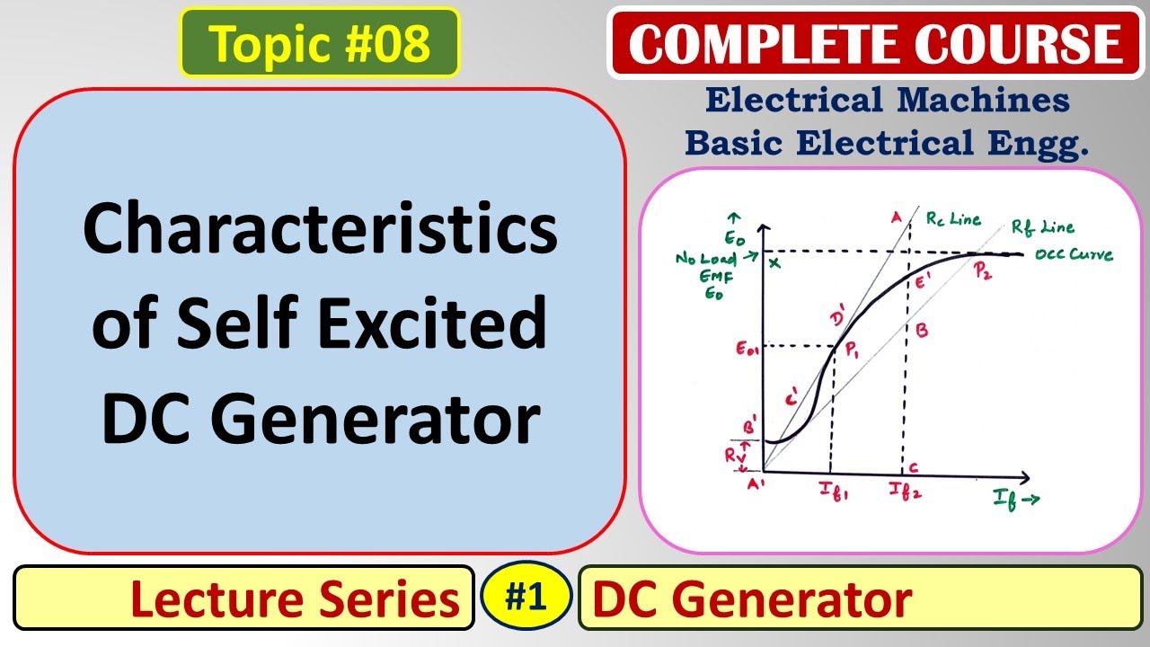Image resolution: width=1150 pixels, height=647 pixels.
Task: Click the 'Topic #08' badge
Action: click(x=319, y=43)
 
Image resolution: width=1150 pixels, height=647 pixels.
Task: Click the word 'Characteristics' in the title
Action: click(x=320, y=230)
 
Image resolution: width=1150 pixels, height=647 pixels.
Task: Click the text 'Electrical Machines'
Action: click(x=887, y=101)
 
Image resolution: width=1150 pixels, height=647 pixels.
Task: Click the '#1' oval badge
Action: click(x=526, y=597)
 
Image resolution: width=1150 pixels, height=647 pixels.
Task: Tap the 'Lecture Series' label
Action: click(x=295, y=599)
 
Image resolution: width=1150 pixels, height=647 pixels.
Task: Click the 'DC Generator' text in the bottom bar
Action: click(x=753, y=598)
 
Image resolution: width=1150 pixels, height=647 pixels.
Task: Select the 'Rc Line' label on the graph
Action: click(x=953, y=217)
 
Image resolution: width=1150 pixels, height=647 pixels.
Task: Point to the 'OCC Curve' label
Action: click(x=1074, y=255)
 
